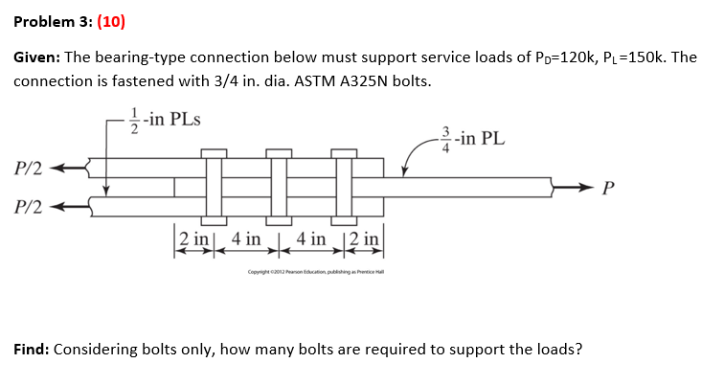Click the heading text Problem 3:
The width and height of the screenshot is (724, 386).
(50, 21)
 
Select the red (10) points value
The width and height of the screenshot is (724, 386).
(108, 21)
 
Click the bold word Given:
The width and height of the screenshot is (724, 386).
(36, 58)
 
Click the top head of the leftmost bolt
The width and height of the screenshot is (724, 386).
(213, 152)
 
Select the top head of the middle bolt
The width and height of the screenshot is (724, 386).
(279, 152)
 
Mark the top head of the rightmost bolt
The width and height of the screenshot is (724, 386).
(345, 152)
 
